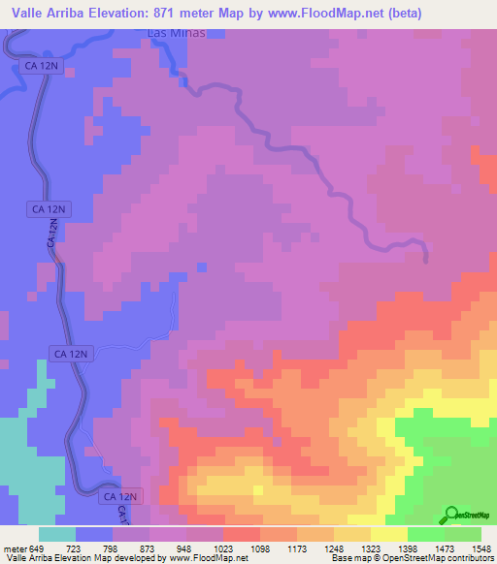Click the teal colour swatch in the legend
click(x=57, y=534)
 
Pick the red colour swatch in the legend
click(x=242, y=534)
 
